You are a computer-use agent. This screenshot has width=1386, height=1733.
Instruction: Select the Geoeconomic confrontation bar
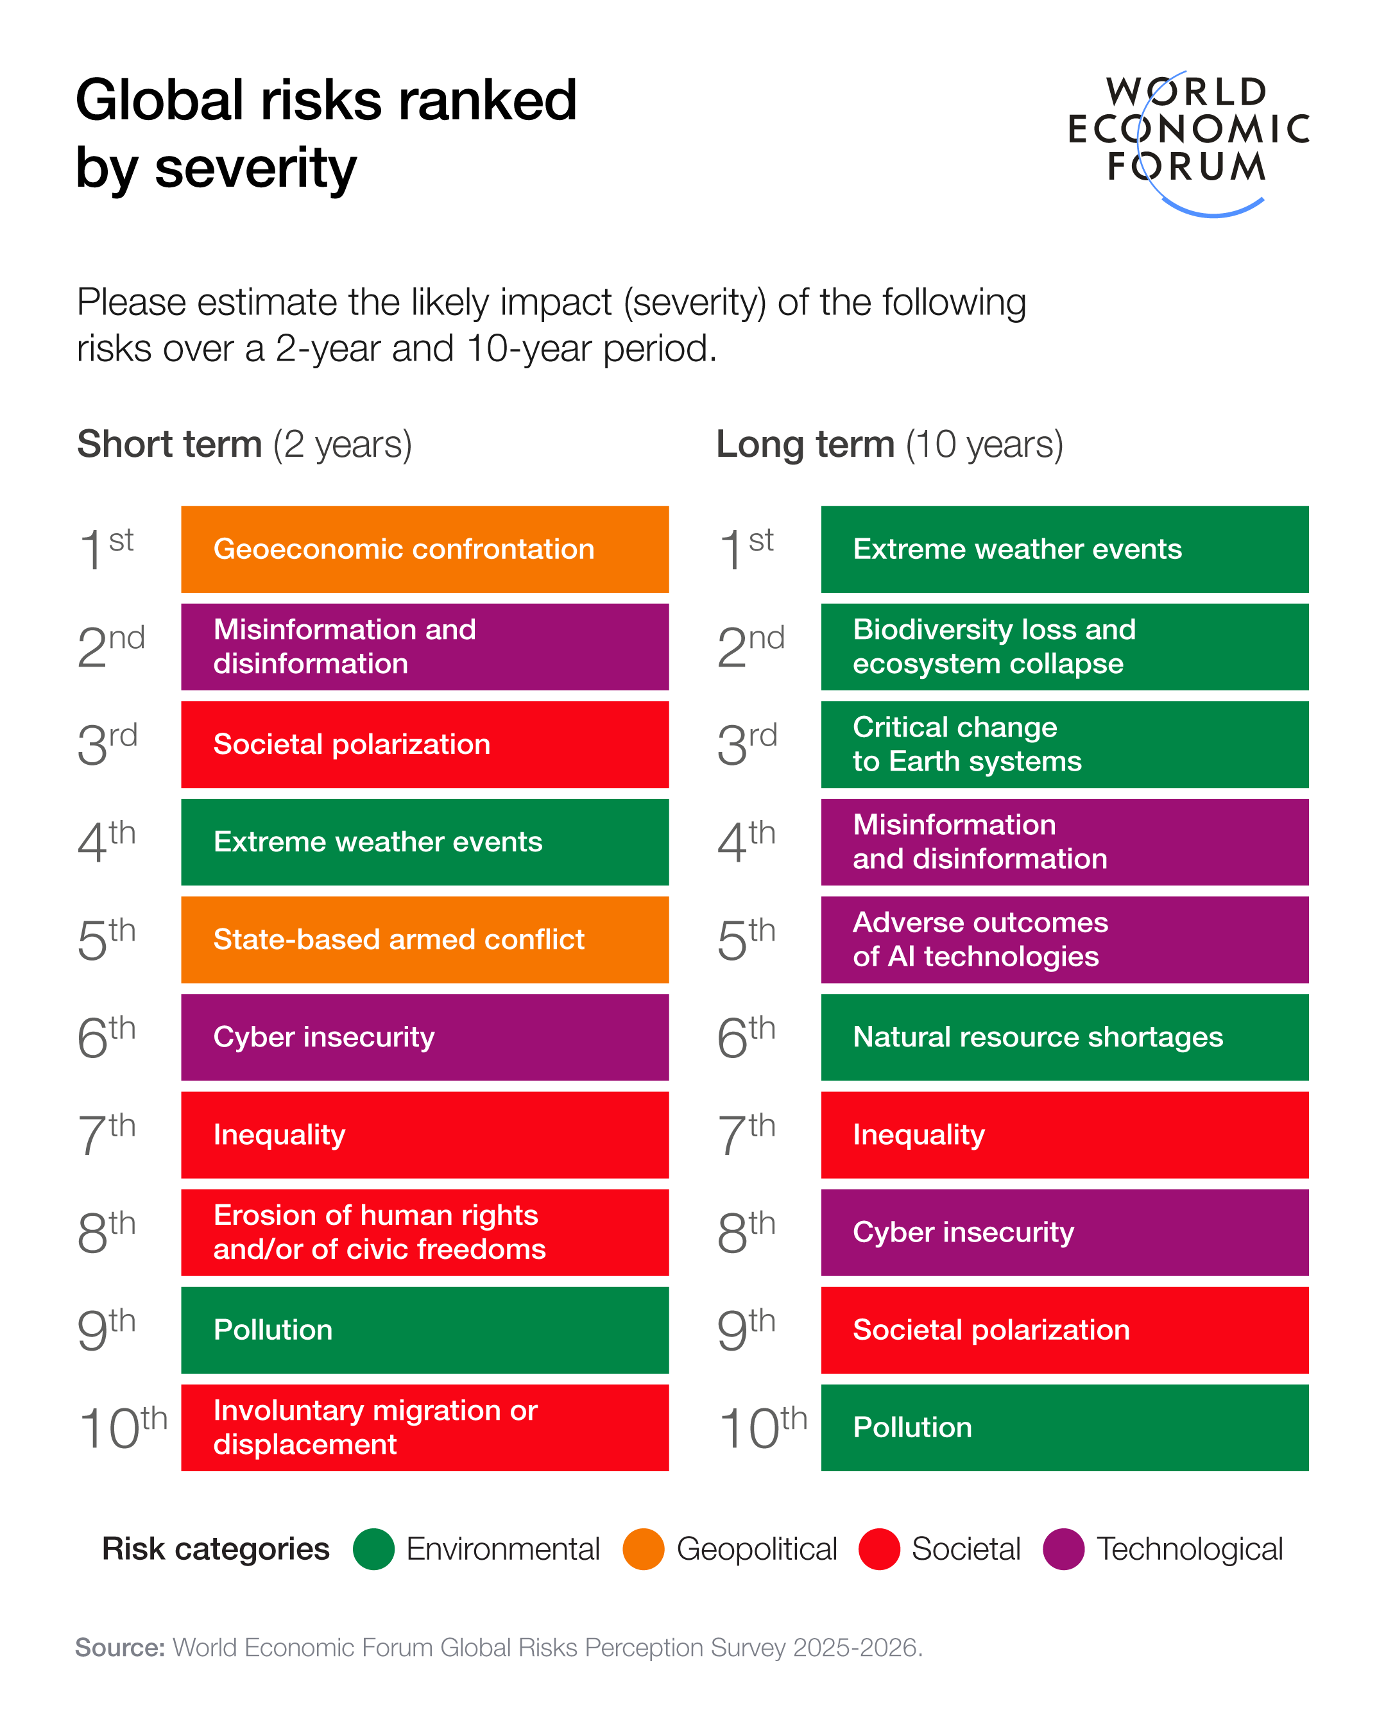(x=425, y=549)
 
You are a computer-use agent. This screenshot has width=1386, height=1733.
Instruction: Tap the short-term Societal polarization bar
(x=425, y=744)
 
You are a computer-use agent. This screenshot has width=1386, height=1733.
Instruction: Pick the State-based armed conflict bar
(x=425, y=940)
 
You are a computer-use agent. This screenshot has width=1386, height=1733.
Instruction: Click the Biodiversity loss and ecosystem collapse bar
(x=1064, y=646)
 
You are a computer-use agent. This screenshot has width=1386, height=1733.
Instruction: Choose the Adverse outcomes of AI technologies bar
(x=1064, y=940)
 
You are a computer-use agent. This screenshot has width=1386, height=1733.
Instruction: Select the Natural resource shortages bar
(x=1064, y=1037)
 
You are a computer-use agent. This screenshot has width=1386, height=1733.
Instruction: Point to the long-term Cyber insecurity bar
(x=1064, y=1233)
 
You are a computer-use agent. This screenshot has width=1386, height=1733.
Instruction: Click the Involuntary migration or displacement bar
(x=425, y=1428)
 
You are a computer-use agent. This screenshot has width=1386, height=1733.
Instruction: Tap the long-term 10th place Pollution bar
(x=1064, y=1428)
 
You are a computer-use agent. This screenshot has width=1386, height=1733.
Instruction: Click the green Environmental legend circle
(x=374, y=1549)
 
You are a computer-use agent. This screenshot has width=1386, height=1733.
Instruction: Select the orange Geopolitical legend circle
(x=643, y=1549)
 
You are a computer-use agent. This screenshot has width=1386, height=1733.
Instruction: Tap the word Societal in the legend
(x=966, y=1549)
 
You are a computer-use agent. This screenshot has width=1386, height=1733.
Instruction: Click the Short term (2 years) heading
(x=244, y=445)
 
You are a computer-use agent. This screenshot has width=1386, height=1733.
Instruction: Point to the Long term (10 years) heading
(x=889, y=445)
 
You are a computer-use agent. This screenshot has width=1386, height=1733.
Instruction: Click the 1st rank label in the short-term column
(x=105, y=549)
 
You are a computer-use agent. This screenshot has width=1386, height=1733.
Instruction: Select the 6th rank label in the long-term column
(x=745, y=1037)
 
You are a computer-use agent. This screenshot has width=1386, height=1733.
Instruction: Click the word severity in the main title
(x=255, y=169)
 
